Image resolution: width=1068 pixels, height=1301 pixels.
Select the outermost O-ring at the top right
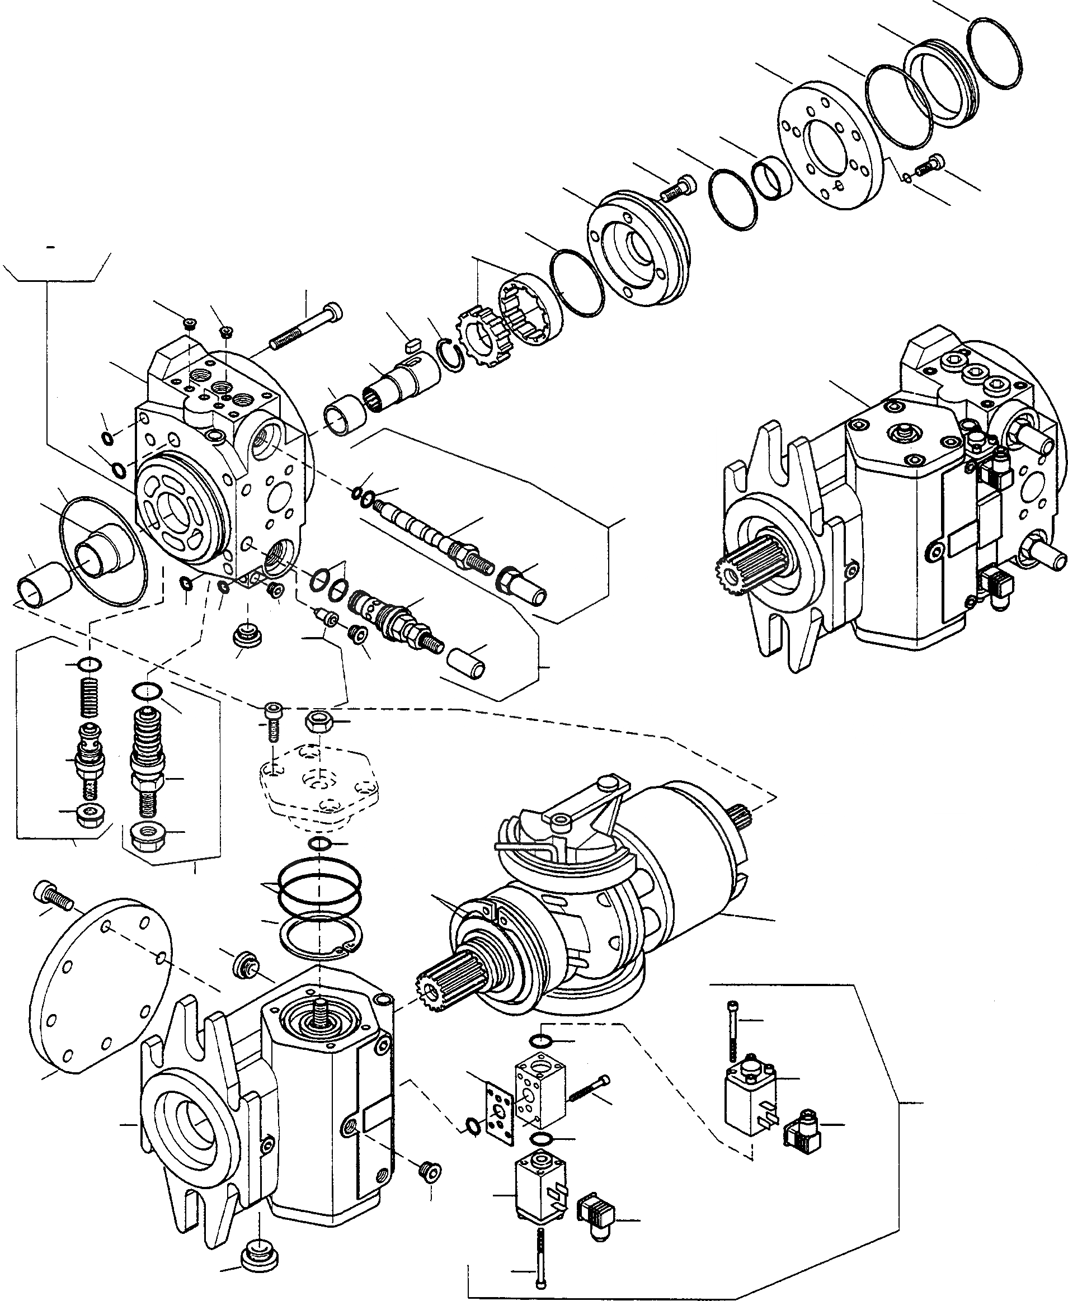[995, 53]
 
